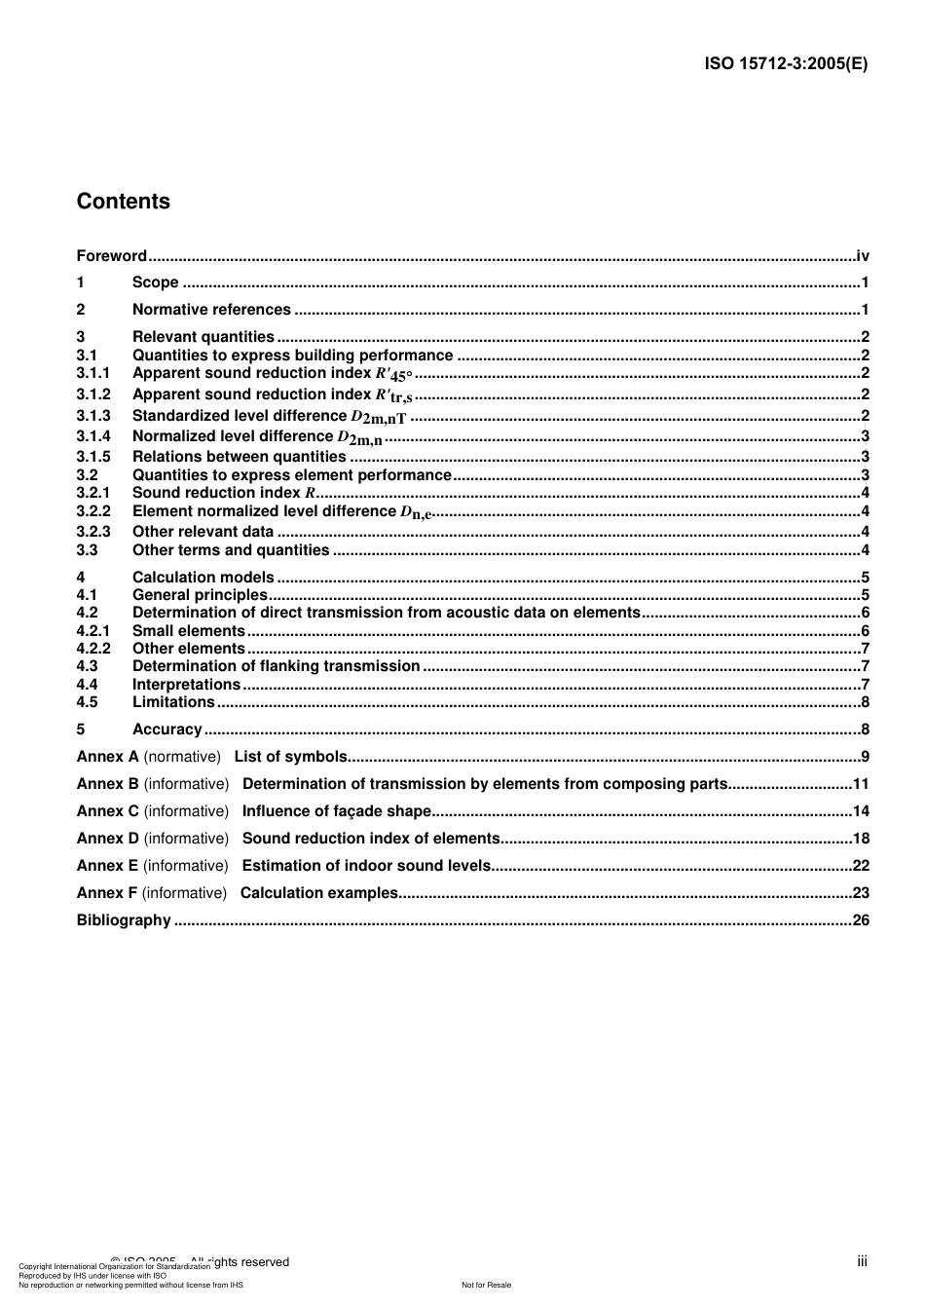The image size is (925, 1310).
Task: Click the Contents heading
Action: coord(123,202)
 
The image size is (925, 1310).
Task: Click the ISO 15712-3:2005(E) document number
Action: coord(786,64)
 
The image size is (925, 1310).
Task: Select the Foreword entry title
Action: coord(111,256)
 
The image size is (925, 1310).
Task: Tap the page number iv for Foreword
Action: coord(862,256)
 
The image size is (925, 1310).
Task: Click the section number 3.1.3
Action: coord(93,416)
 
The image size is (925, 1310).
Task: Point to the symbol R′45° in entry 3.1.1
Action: coord(394,374)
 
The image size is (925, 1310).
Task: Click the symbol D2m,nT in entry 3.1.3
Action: coord(379,417)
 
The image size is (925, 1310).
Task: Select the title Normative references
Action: coord(211,310)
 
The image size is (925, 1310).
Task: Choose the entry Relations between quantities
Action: coord(239,457)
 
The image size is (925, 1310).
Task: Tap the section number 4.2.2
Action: coord(93,649)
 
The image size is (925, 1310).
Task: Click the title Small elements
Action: coord(188,631)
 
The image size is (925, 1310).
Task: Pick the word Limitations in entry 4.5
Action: coord(173,702)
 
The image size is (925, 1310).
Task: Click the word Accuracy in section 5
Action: coord(166,730)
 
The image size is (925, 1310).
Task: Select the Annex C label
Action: coord(107,811)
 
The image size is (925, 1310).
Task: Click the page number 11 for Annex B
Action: coord(861,784)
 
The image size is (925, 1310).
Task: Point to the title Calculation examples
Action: coord(319,893)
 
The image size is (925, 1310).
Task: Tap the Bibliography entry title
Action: coord(124,920)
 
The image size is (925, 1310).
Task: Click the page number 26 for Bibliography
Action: coord(861,920)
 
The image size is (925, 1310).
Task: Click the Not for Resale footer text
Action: coord(486,1285)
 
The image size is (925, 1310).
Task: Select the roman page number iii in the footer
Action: coord(862,1261)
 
